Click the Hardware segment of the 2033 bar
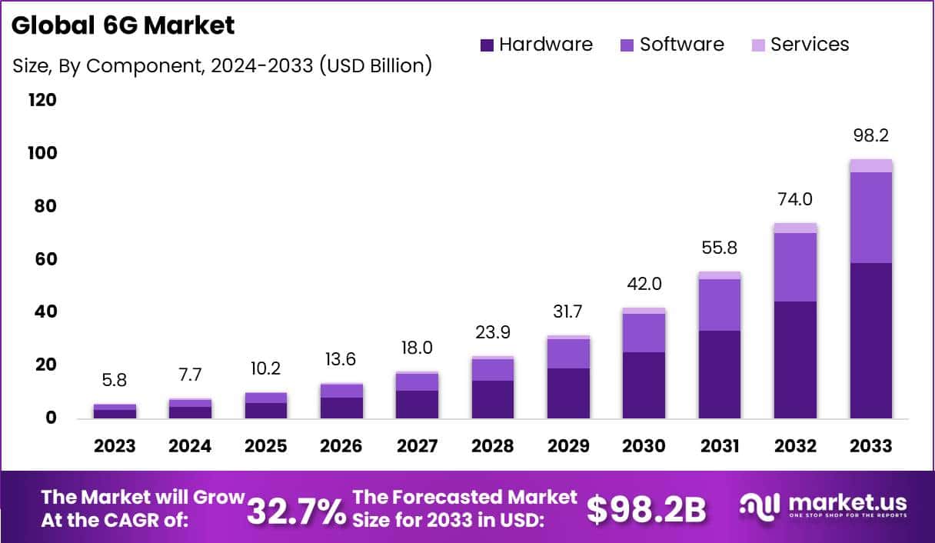[x=870, y=341]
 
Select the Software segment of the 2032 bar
[x=795, y=267]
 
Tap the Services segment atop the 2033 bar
[x=870, y=165]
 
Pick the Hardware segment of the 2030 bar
[x=644, y=385]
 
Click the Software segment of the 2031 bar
[x=719, y=305]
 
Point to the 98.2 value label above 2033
[x=870, y=136]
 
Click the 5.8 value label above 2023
[x=115, y=379]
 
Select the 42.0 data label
[x=644, y=284]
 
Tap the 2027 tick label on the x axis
[x=417, y=446]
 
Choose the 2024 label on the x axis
[x=190, y=446]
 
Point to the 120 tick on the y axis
[x=42, y=100]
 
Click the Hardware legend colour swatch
[x=487, y=45]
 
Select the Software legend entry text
[x=682, y=45]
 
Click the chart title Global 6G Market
[x=123, y=25]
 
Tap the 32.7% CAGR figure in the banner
[x=296, y=510]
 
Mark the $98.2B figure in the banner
[x=646, y=510]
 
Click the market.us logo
[x=823, y=507]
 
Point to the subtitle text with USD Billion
[x=222, y=66]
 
